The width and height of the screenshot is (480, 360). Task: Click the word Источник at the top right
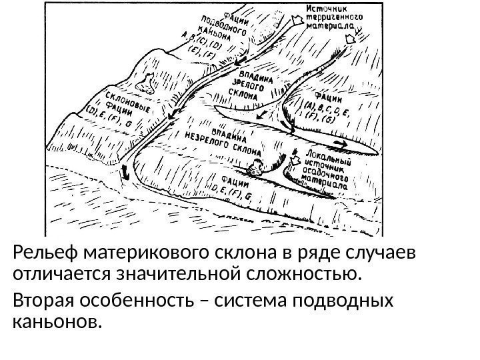coord(327,9)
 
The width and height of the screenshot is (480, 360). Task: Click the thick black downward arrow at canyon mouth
coord(125,175)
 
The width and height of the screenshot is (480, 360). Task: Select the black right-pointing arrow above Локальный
coord(339,142)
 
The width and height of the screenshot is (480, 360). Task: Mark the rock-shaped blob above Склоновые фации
coord(145,84)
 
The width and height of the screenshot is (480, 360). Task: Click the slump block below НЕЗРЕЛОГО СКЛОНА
coord(254,168)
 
